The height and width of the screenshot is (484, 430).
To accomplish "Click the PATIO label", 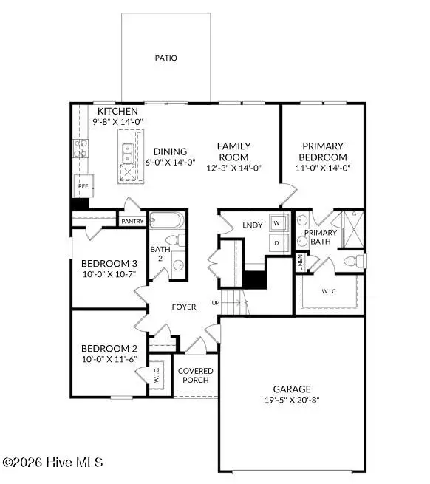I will [x=166, y=58].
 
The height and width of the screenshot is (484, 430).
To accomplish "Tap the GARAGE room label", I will [x=293, y=389].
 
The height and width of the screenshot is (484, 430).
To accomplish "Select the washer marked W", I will [x=277, y=222].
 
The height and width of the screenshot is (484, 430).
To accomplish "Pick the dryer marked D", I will [x=277, y=242].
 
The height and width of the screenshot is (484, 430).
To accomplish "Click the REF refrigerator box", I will [x=83, y=186].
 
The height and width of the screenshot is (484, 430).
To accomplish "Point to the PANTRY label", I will [x=133, y=220].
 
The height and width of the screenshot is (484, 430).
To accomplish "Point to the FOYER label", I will [x=184, y=307].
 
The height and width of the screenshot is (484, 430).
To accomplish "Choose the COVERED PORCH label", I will [x=196, y=375].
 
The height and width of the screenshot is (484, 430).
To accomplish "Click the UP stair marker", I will [x=216, y=303].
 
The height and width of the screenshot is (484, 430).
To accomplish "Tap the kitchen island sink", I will [x=126, y=151].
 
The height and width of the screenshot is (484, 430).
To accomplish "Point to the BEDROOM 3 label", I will [x=109, y=264].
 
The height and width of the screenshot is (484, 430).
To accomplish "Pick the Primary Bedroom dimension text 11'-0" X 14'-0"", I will [x=322, y=168].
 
